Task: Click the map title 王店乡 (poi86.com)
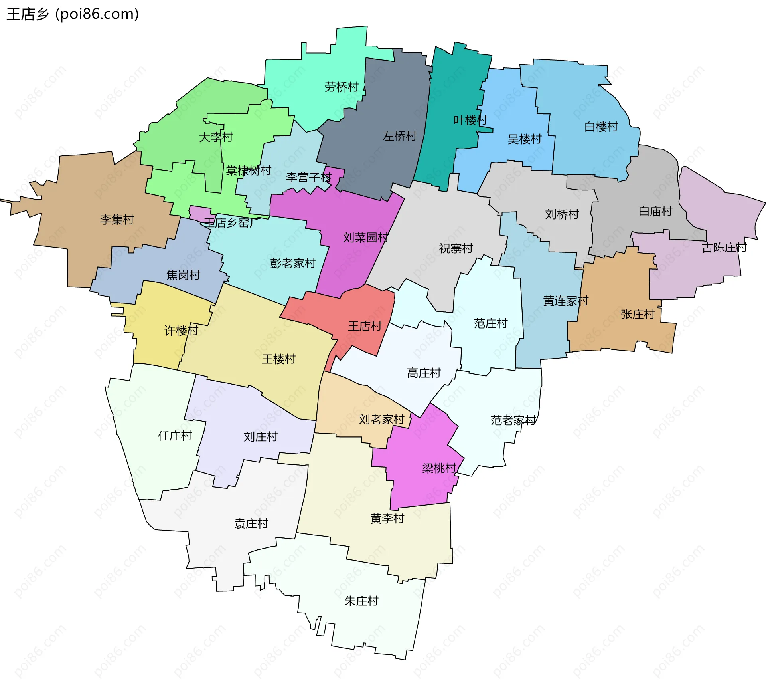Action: click(x=73, y=14)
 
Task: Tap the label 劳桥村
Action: click(x=342, y=87)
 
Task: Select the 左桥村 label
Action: click(x=400, y=136)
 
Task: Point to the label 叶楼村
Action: click(x=470, y=120)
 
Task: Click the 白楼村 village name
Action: click(x=601, y=127)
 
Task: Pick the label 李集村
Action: click(x=117, y=220)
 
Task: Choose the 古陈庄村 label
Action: click(x=724, y=248)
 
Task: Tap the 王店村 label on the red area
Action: click(x=365, y=326)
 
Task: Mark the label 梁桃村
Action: click(x=439, y=468)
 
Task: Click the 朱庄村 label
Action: click(x=361, y=601)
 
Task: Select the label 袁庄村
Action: click(x=251, y=524)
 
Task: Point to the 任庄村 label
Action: click(x=175, y=436)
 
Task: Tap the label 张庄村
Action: click(x=638, y=315)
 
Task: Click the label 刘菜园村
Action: click(x=365, y=238)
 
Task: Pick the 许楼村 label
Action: click(x=181, y=331)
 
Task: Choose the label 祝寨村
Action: click(x=456, y=249)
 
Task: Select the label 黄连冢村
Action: click(x=566, y=301)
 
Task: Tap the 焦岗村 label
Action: click(x=183, y=275)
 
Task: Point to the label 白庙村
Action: click(x=655, y=211)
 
